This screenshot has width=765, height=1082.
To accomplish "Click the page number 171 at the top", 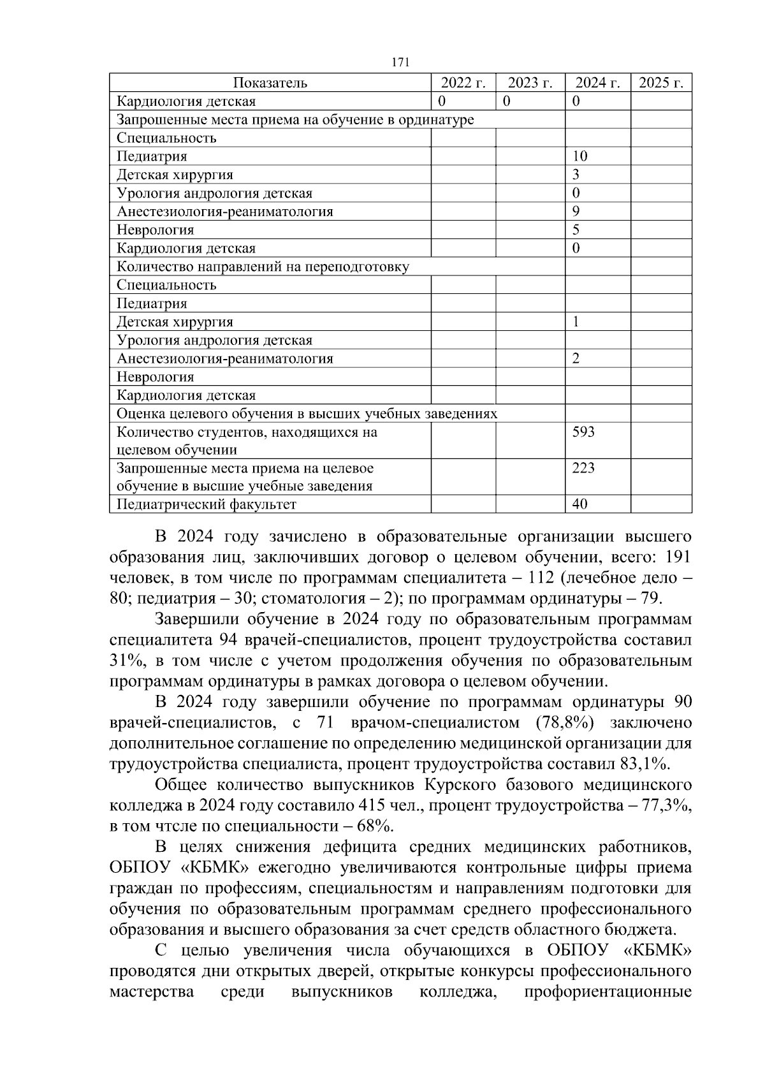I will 400,62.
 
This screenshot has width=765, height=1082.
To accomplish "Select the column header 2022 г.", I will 463,83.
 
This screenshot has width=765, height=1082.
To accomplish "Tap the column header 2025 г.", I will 661,83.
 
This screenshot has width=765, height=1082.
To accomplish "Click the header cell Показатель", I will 270,83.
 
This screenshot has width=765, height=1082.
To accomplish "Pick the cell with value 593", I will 583,432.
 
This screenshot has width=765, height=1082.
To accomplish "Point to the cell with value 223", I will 583,469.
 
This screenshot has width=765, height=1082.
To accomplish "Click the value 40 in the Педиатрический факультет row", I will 579,504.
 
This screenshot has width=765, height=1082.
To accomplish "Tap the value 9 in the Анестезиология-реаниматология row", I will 576,212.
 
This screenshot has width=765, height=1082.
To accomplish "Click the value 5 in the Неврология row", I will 576,230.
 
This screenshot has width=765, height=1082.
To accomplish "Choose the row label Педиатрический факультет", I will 207,505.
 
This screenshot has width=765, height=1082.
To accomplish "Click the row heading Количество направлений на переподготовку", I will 263,267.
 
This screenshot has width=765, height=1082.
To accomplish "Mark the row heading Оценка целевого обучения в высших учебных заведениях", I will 307,414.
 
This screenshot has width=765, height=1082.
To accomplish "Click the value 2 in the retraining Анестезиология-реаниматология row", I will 576,359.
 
